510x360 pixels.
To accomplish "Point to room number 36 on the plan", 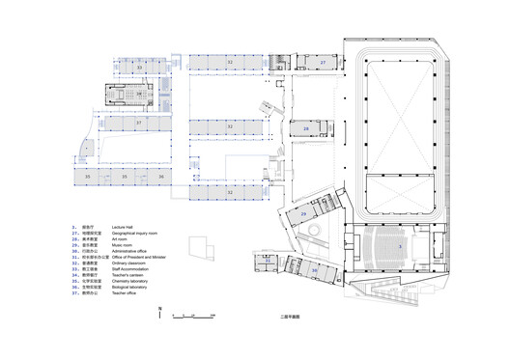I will click(x=162, y=178).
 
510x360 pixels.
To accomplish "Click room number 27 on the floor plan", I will click(x=325, y=61).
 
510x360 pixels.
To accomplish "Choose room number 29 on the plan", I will click(x=303, y=213).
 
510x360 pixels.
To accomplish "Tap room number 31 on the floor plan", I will click(x=268, y=261).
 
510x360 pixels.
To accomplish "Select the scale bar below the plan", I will click(x=189, y=314).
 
